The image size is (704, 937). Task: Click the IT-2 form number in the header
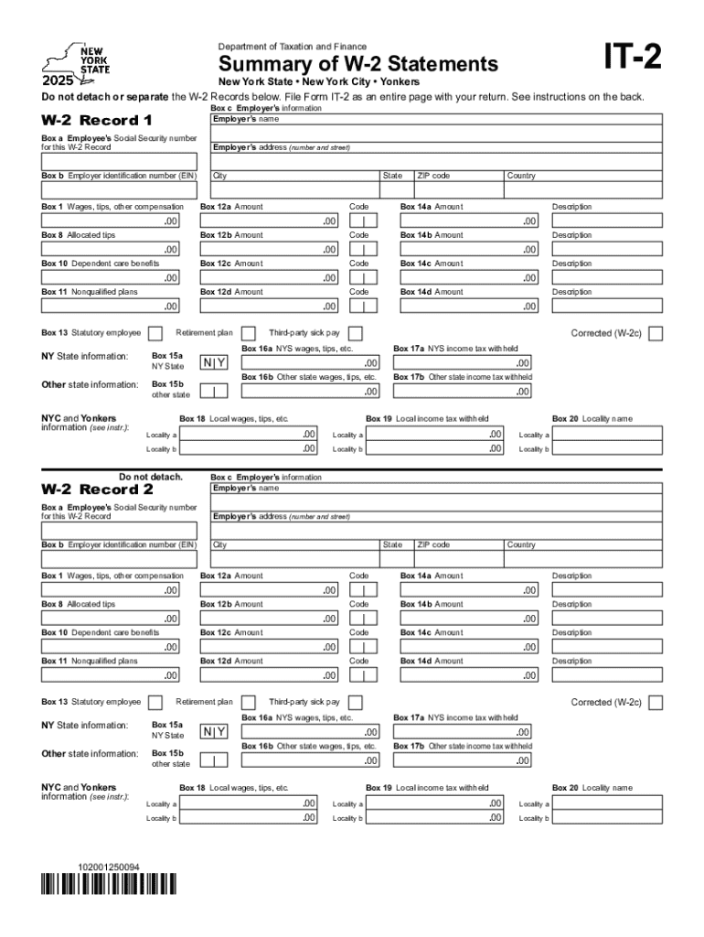point(628,59)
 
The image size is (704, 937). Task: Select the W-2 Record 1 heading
point(97,121)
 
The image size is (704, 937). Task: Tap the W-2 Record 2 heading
point(97,490)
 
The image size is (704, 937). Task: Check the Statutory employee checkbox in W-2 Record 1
point(155,332)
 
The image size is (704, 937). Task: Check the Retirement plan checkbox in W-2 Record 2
point(247,702)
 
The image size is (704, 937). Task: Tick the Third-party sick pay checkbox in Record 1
point(356,332)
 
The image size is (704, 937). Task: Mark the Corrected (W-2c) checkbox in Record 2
point(655,702)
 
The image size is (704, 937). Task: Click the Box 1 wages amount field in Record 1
point(111,221)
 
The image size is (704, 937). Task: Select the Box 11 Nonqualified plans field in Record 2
point(111,675)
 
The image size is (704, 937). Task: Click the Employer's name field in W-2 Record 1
point(436,134)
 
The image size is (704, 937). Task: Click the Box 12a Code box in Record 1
point(363,221)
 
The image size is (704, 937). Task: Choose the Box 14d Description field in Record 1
point(607,307)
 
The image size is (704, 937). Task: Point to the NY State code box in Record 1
point(214,362)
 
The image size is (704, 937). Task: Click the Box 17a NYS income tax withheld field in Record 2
point(463,732)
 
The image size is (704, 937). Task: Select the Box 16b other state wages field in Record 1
point(310,391)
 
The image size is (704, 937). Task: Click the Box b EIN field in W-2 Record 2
point(119,559)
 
